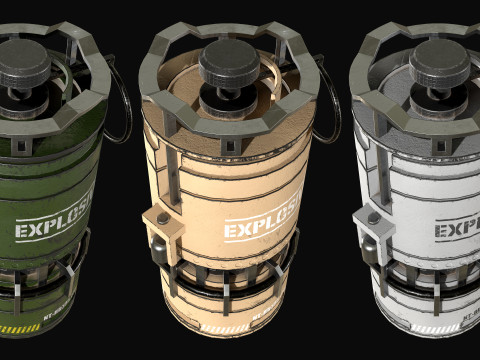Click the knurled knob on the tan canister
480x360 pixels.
point(230,59)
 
